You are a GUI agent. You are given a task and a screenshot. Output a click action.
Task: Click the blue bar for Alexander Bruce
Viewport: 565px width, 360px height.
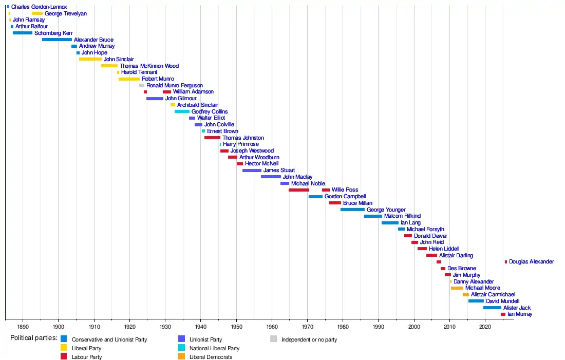57,40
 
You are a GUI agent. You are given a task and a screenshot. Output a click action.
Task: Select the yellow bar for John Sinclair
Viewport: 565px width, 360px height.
90,59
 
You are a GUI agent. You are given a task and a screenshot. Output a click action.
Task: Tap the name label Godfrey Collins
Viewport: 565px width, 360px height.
210,111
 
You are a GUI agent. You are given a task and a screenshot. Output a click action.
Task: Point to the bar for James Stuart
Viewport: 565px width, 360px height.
252,170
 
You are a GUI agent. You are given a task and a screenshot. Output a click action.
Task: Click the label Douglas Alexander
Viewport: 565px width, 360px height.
531,262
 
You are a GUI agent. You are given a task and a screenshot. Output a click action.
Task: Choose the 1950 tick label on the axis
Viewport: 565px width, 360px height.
236,327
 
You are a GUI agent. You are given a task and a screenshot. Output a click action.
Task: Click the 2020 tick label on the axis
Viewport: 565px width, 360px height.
485,327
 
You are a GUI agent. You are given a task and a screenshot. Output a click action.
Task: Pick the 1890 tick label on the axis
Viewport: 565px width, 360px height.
23,327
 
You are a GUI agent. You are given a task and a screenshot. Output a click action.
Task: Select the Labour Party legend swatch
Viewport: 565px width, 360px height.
64,356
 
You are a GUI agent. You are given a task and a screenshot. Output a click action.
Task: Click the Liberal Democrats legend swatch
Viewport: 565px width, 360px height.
181,356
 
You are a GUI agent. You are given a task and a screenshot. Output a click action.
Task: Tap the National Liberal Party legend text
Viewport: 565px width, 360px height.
214,348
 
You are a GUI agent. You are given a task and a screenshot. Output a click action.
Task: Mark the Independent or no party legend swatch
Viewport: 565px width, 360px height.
273,339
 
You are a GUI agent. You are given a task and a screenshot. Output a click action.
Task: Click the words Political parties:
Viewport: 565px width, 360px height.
33,338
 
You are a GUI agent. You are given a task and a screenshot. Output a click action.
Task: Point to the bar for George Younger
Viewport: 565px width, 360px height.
352,210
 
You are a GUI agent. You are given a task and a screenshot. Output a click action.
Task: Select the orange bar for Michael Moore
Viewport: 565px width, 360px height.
457,288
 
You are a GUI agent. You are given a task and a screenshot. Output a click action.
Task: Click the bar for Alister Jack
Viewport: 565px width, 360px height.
492,308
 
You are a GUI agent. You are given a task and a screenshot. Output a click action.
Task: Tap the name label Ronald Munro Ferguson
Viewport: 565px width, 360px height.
175,85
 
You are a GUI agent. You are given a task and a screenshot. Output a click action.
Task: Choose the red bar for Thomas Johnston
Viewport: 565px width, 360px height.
212,138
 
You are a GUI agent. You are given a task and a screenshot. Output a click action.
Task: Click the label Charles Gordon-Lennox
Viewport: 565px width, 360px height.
39,7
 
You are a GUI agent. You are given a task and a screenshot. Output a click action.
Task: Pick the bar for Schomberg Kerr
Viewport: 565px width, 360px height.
23,33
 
